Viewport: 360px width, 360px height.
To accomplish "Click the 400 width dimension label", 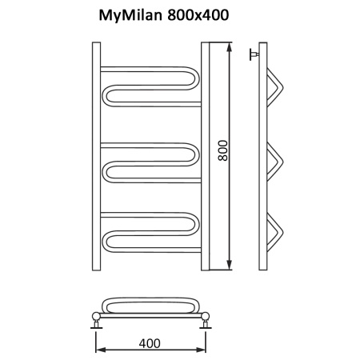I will [150, 342].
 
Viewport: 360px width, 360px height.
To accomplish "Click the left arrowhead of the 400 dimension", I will [100, 350].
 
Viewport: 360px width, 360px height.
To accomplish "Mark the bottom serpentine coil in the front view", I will [148, 232].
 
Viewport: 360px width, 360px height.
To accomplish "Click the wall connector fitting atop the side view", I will [254, 54].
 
